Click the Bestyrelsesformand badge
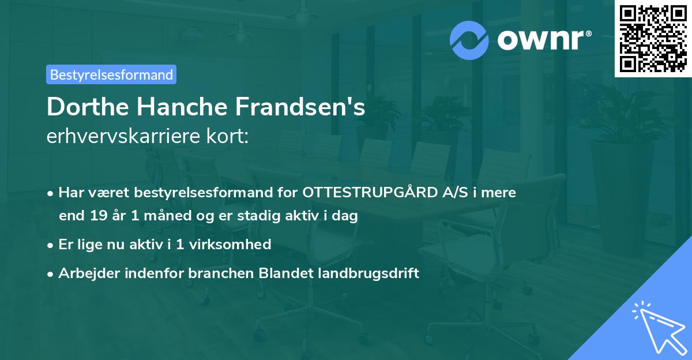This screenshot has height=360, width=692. pos(111,74)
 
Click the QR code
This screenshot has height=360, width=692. pos(653,38)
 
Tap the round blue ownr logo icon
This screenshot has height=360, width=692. pos(469,40)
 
